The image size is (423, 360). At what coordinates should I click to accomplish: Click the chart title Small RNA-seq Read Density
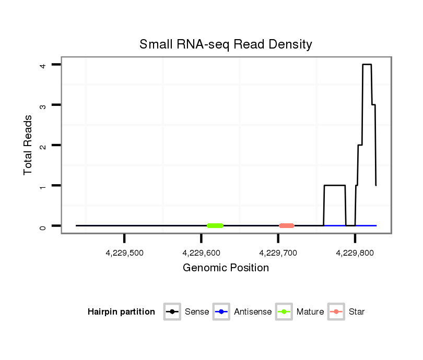coord(226,44)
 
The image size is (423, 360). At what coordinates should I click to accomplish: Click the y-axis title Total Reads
coord(28,145)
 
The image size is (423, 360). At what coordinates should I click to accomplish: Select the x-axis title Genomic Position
coord(226,268)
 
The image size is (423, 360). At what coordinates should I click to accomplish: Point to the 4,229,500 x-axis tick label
coord(124,253)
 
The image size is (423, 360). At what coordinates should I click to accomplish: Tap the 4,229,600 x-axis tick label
coord(201,253)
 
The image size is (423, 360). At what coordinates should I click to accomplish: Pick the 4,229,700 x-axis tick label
coord(278,253)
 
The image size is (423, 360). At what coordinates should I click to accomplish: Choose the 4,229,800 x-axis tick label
coord(355,253)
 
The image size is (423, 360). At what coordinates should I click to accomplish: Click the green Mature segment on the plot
coord(215,225)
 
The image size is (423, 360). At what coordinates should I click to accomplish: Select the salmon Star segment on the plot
coord(287,225)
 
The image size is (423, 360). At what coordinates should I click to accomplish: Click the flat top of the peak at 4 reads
coord(367,65)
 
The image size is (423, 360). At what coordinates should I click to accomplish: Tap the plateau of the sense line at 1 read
coord(334,185)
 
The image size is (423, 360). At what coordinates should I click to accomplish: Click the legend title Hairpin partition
coord(121,312)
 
